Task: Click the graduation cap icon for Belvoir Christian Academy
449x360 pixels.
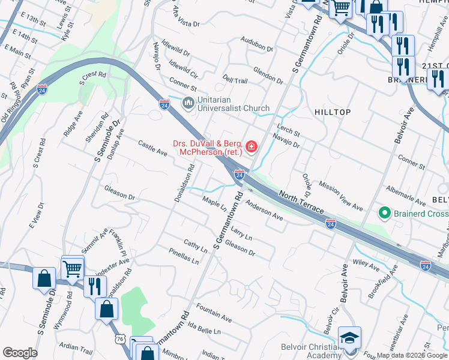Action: (x=349, y=338)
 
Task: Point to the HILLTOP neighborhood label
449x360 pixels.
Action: (x=332, y=112)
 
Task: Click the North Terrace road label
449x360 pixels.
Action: (x=301, y=202)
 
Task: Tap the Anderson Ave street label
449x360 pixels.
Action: (x=264, y=211)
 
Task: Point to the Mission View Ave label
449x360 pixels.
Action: (x=341, y=196)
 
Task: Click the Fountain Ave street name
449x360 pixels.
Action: (x=214, y=313)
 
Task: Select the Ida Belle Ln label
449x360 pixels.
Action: (x=204, y=328)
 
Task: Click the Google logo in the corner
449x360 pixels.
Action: (x=19, y=353)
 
